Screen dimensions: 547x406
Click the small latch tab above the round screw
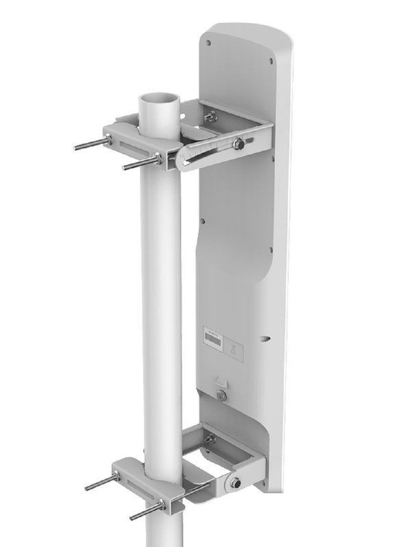[x=221, y=381]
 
